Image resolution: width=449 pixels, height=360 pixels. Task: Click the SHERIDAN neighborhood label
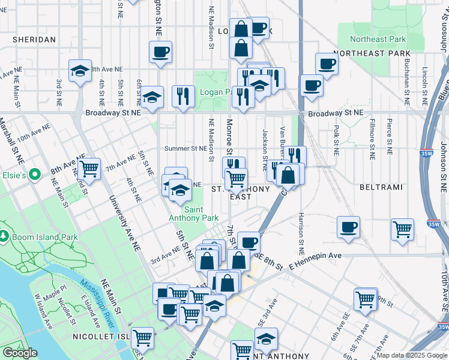pos(34,40)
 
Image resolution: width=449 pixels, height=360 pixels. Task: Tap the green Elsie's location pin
pos(35,175)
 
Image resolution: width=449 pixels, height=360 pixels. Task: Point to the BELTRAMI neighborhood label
pos(376,188)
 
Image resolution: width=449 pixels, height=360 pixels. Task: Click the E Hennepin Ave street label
pos(315,256)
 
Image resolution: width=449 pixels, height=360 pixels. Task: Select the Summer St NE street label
pos(185,148)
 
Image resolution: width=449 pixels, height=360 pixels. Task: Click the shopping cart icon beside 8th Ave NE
pos(89,169)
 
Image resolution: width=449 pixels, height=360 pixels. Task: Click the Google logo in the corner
pos(20,353)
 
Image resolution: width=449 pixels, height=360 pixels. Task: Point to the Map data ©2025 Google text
pos(411,355)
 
